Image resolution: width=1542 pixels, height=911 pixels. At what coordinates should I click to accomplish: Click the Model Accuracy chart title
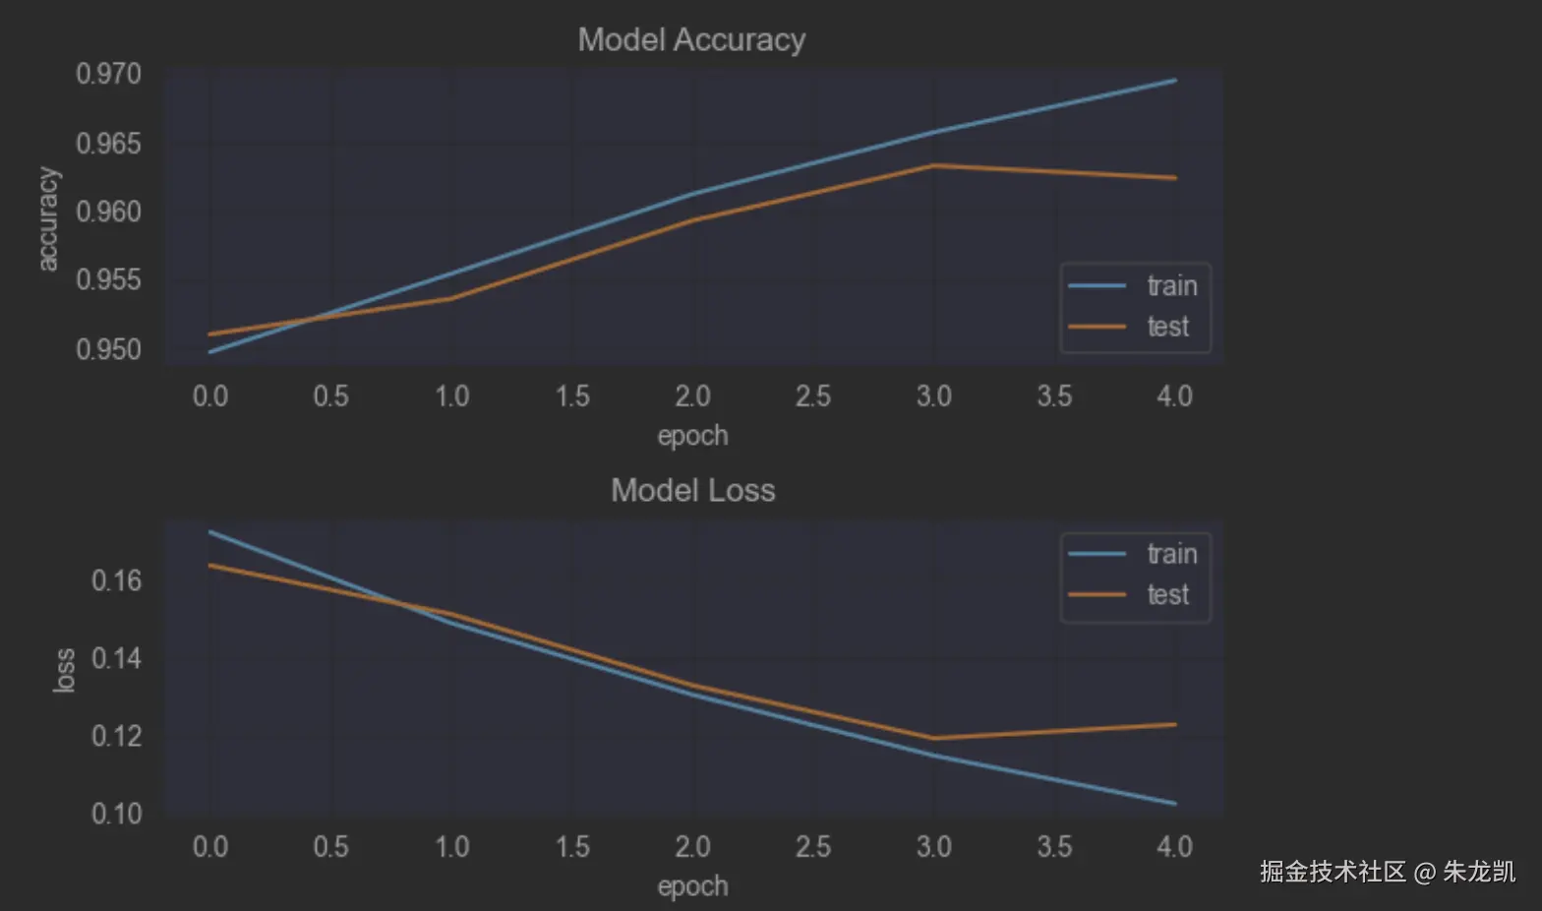pos(691,39)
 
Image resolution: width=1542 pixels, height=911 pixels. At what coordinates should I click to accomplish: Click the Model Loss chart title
pos(692,490)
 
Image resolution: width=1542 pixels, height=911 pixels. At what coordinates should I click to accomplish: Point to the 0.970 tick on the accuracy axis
pos(108,74)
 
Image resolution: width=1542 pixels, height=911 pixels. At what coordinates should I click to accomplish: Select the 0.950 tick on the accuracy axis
pos(108,349)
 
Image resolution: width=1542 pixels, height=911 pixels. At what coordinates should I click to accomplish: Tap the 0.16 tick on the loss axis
pos(116,580)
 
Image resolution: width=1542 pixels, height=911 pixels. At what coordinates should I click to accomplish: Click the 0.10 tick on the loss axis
pos(116,814)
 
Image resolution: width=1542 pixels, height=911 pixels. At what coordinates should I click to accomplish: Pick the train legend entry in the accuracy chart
pos(1171,285)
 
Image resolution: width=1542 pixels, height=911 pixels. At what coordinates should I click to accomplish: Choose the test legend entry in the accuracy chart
pos(1167,327)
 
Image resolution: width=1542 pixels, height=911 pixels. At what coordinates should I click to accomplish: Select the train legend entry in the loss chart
pos(1171,554)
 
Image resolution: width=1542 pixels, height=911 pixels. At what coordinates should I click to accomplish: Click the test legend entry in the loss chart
pos(1167,595)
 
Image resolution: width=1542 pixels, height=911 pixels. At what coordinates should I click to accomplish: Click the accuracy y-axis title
pos(47,218)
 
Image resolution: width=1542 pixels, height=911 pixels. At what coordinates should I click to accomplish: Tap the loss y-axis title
pos(64,670)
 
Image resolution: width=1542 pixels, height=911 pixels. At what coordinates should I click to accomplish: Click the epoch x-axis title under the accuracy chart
pos(692,436)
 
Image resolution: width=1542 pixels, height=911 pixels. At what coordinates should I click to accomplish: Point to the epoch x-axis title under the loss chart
pos(692,886)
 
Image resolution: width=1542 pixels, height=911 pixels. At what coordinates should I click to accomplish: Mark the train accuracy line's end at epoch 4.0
pos(1175,81)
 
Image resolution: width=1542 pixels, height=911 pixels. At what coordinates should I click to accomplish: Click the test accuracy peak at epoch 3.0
pos(933,165)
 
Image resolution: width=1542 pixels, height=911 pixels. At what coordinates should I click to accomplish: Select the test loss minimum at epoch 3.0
pos(933,738)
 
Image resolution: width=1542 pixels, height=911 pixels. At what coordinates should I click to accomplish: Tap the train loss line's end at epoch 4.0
pos(1175,804)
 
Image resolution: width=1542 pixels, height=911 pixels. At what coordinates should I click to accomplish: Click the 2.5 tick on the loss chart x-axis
pos(812,847)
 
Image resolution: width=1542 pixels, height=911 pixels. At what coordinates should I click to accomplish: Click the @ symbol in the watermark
pos(1425,872)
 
